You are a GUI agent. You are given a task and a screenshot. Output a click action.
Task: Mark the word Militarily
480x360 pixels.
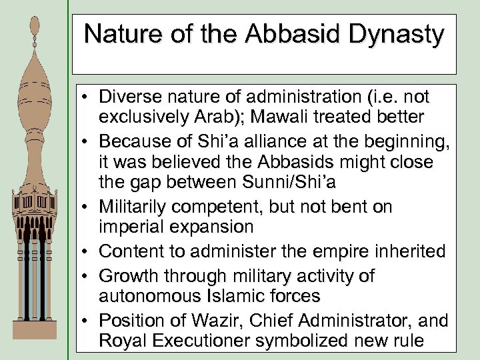click(139, 207)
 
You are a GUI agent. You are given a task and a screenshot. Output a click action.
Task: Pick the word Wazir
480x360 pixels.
click(227, 321)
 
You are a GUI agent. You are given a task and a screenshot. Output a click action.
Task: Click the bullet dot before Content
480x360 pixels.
click(87, 252)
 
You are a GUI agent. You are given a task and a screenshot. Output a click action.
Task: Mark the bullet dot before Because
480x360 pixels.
click(87, 141)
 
